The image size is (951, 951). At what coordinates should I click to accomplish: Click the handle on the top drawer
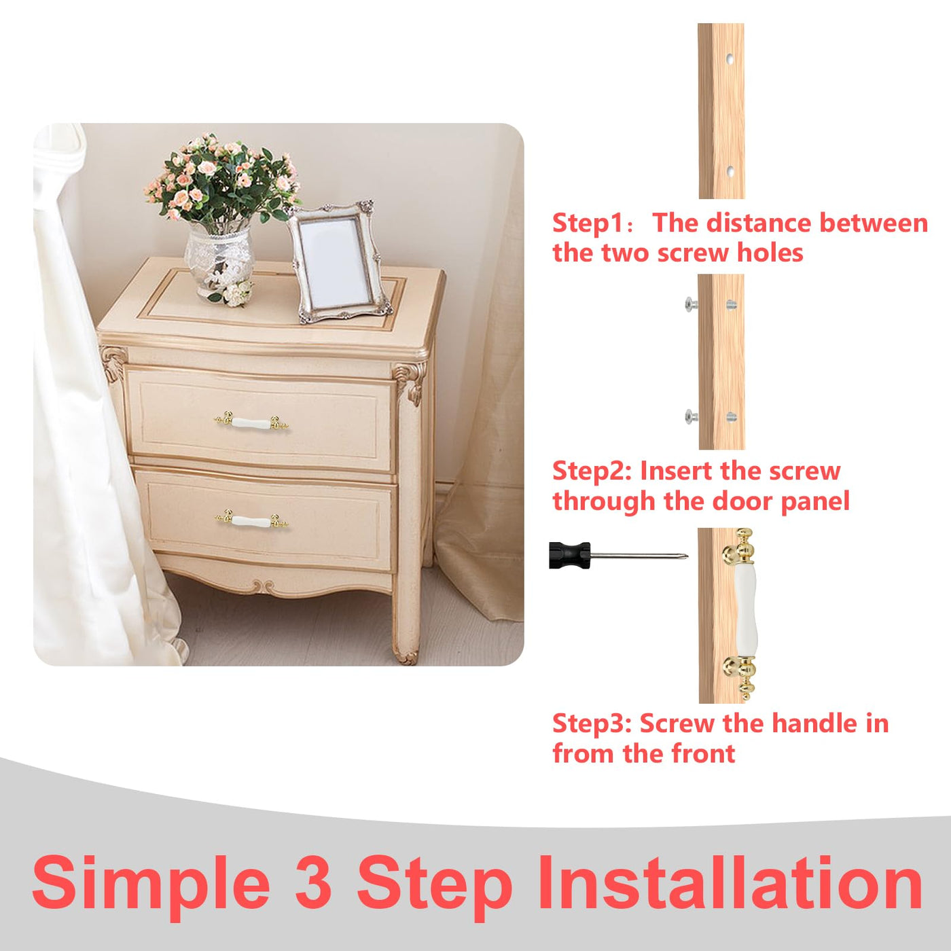tap(251, 423)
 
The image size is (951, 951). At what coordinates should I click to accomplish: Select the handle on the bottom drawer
tap(251, 520)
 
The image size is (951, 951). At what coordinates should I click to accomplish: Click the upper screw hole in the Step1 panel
tap(730, 60)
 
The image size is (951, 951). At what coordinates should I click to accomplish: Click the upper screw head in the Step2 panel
tap(690, 304)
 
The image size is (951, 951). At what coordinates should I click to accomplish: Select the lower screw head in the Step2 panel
tap(690, 416)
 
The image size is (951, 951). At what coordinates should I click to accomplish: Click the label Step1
tap(587, 223)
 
